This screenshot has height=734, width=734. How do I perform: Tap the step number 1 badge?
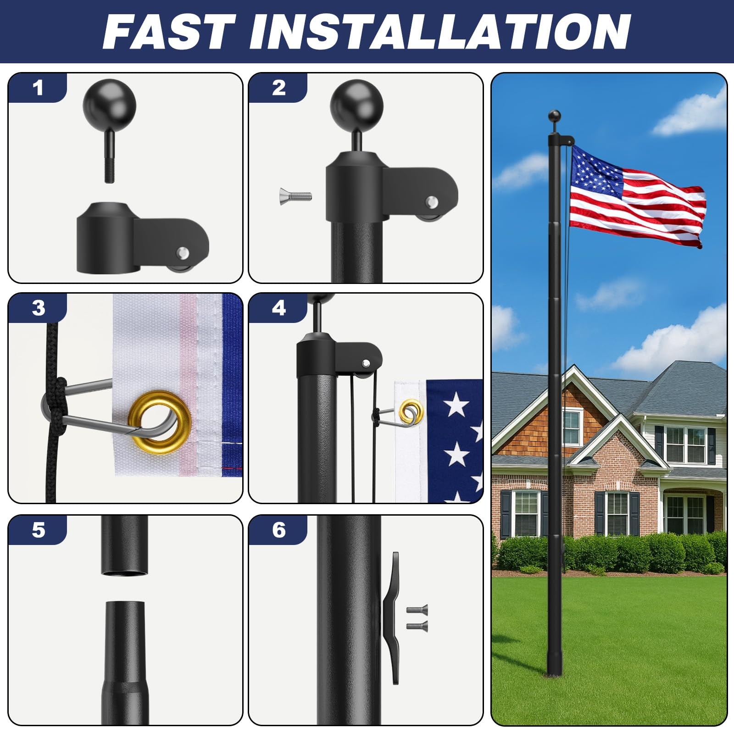pos(38,88)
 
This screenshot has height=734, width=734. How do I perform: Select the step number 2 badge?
pos(278,88)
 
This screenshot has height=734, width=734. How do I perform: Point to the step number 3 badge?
pos(38,308)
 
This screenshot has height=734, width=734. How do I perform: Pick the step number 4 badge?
pos(278,308)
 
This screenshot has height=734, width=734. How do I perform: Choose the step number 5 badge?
pos(38,530)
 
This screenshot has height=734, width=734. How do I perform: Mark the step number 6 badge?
pos(278,530)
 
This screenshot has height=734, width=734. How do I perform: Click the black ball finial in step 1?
pos(110,106)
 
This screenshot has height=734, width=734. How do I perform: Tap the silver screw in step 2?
pos(295,196)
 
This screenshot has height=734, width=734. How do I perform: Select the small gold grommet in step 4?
pos(407,411)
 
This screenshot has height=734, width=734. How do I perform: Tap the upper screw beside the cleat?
pos(417,610)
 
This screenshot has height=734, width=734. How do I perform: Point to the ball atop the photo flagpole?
pos(555,115)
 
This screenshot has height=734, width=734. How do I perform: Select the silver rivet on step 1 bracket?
pos(183,251)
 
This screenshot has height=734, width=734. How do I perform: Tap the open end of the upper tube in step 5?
pos(125,571)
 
